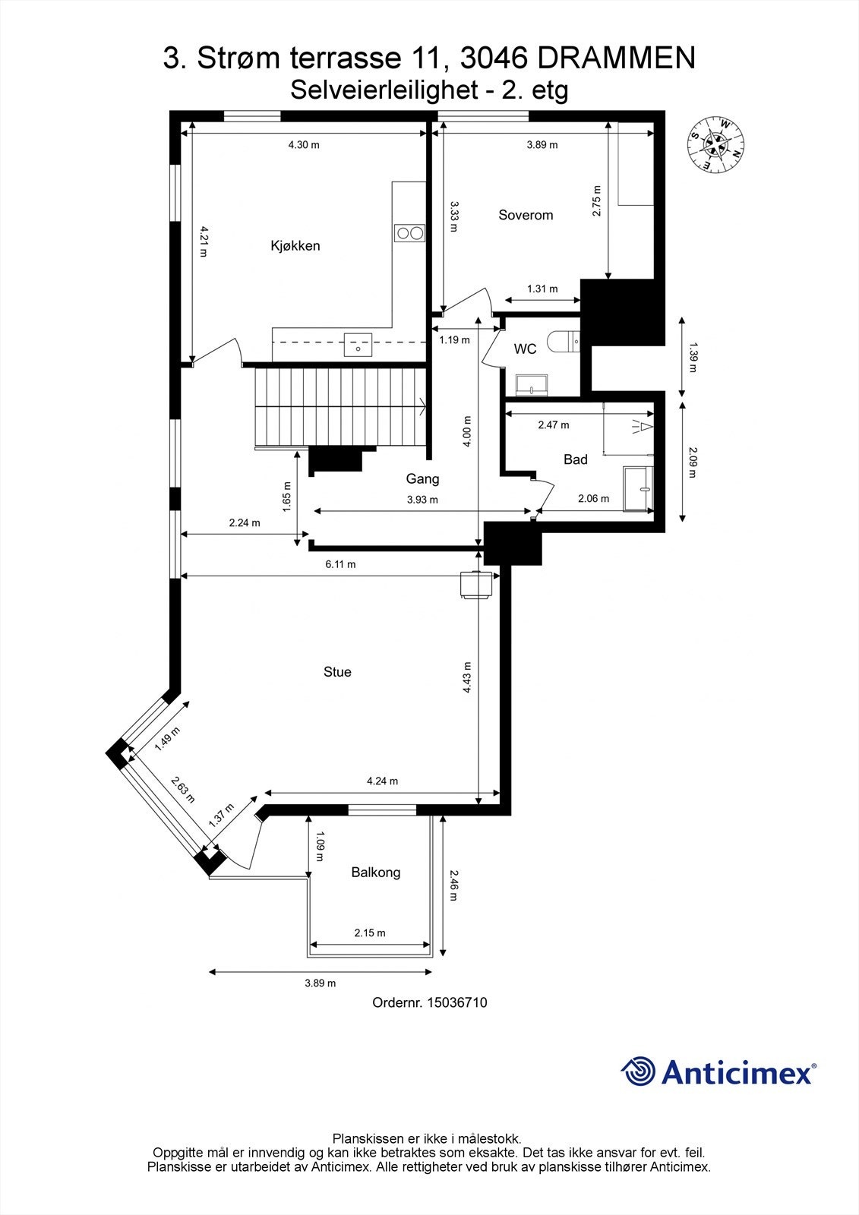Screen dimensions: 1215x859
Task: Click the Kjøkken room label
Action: [295, 246]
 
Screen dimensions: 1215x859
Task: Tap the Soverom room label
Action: [526, 215]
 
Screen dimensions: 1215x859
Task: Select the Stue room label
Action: [337, 672]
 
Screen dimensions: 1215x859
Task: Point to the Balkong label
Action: [375, 873]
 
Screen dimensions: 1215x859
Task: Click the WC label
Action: [525, 349]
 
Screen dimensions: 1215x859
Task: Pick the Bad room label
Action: [575, 459]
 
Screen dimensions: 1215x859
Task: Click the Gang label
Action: [422, 479]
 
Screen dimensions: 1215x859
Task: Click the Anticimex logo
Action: [718, 1071]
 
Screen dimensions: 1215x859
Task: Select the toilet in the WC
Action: [567, 342]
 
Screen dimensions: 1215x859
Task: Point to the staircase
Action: [339, 408]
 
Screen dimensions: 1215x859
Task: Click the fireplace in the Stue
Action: [477, 585]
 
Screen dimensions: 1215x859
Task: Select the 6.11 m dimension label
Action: [339, 564]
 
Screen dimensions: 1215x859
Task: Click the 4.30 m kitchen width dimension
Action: [304, 144]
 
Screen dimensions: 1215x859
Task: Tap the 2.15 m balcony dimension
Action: [370, 933]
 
